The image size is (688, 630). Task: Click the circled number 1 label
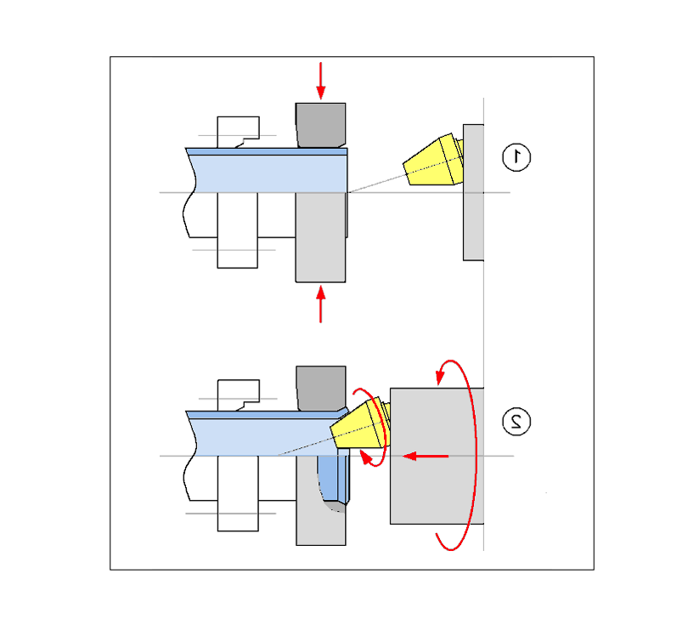pyautogui.click(x=516, y=157)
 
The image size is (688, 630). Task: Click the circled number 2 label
pyautogui.click(x=516, y=422)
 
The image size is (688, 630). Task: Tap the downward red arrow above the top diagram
pyautogui.click(x=321, y=81)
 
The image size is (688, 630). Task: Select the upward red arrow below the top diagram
pyautogui.click(x=321, y=304)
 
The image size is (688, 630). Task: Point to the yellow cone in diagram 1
pyautogui.click(x=433, y=160)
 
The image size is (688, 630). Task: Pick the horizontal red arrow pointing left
pyautogui.click(x=426, y=457)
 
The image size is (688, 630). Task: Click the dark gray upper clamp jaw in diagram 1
pyautogui.click(x=321, y=125)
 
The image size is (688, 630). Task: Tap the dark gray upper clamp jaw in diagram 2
pyautogui.click(x=321, y=389)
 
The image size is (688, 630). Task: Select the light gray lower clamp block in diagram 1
pyautogui.click(x=321, y=237)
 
